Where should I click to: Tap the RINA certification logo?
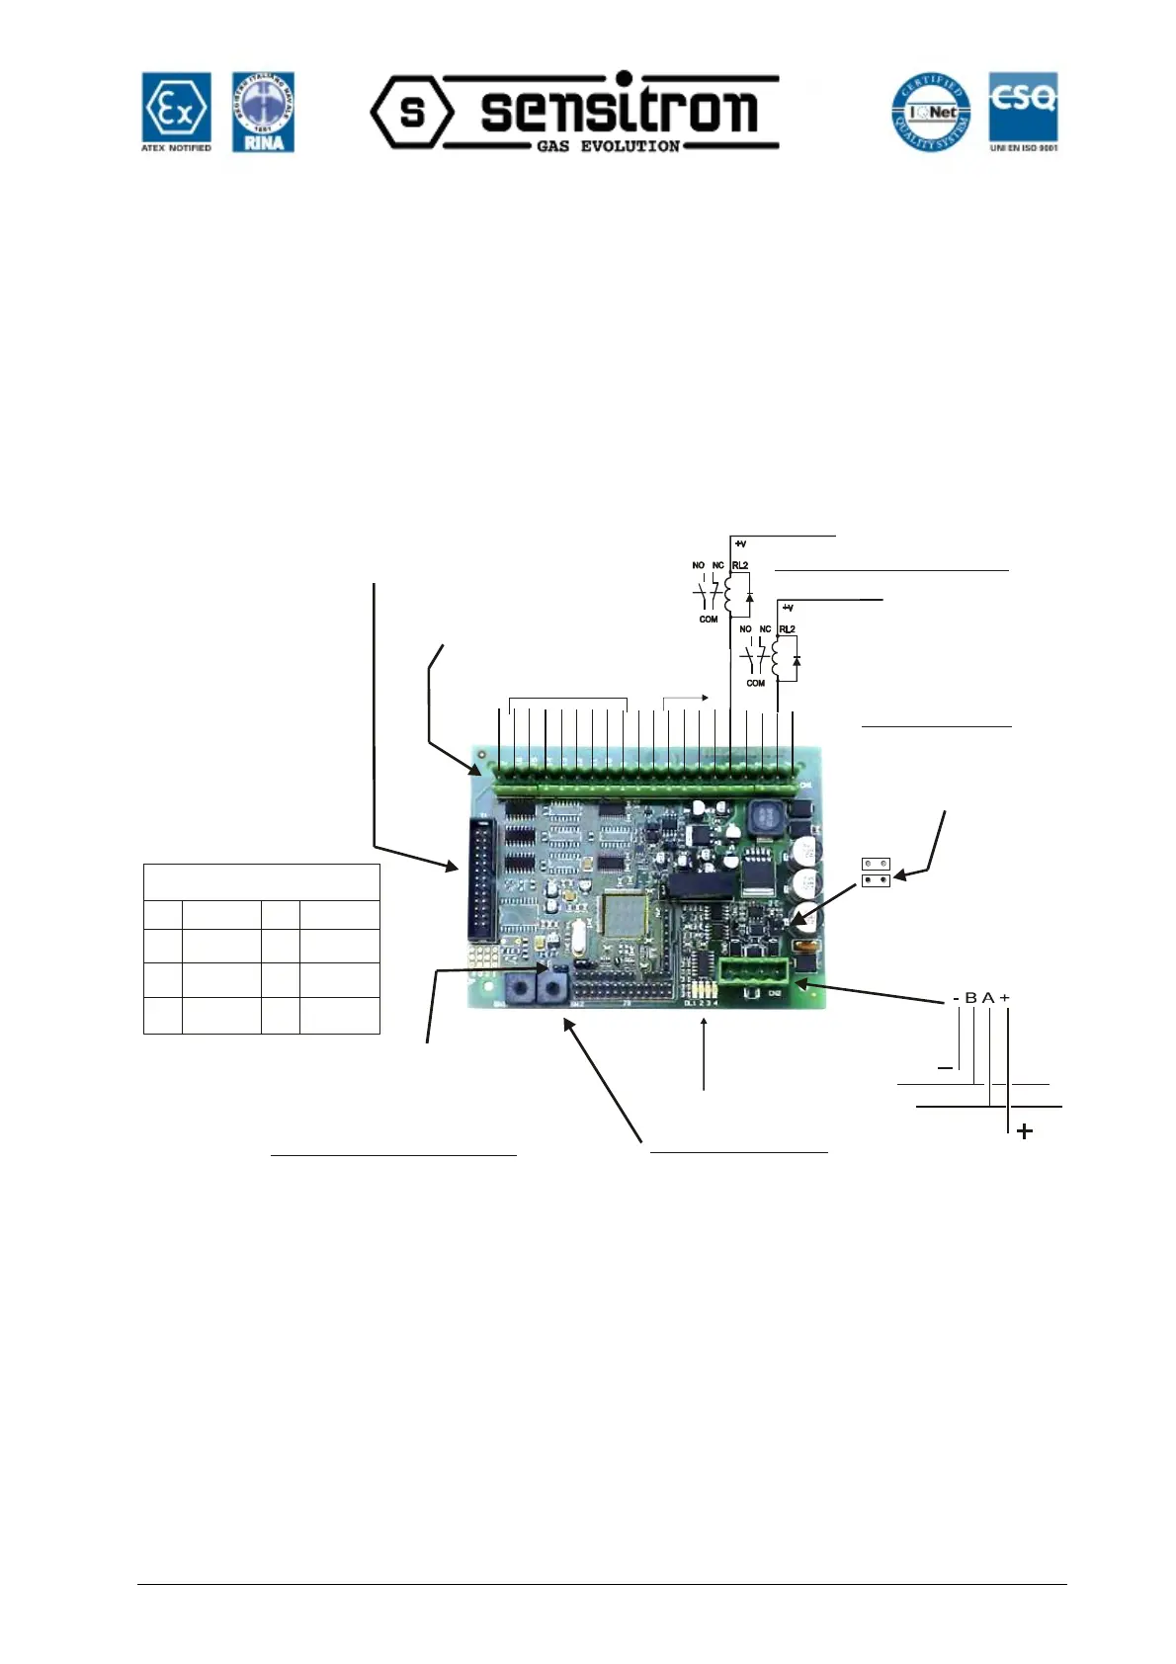click(x=263, y=112)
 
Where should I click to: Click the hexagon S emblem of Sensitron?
click(x=412, y=112)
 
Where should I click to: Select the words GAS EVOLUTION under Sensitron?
click(x=608, y=146)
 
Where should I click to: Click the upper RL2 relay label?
click(x=740, y=566)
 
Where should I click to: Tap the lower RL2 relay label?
click(x=787, y=629)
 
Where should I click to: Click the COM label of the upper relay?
click(x=709, y=620)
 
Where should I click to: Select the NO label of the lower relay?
click(x=745, y=629)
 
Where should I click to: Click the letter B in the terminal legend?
click(x=970, y=998)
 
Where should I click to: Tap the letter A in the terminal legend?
click(x=987, y=998)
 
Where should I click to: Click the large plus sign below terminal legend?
click(x=1025, y=1131)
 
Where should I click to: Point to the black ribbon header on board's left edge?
click(x=481, y=880)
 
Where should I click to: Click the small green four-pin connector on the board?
click(x=752, y=971)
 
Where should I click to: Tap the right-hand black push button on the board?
click(x=553, y=986)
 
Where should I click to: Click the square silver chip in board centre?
click(x=625, y=915)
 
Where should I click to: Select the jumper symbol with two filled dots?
click(x=877, y=879)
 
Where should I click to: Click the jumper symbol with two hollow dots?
click(x=876, y=864)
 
